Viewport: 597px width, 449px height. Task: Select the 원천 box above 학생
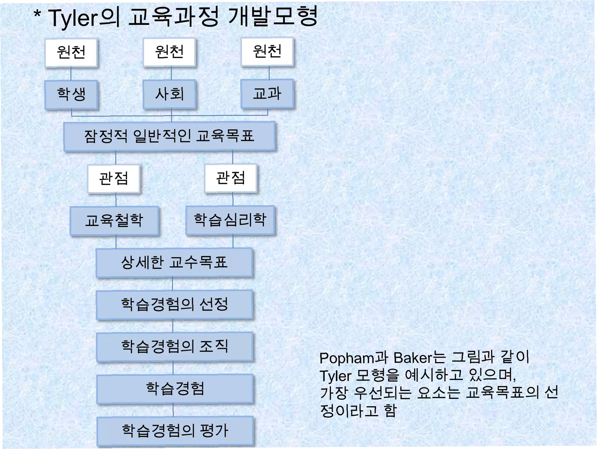(71, 52)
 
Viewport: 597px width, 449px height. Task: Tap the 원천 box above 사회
(169, 52)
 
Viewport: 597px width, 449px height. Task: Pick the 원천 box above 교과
(267, 51)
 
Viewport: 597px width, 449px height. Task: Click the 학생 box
(71, 94)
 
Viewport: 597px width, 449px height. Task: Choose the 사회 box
(169, 94)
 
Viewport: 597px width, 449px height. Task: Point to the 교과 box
(267, 93)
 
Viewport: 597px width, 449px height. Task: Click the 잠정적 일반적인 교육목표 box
(169, 136)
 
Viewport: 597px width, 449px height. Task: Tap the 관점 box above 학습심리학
(231, 178)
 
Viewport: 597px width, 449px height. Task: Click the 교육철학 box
(114, 220)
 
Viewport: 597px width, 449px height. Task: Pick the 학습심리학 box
(230, 220)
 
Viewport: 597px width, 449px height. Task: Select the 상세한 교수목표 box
(174, 262)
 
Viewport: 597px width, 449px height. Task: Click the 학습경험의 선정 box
(174, 304)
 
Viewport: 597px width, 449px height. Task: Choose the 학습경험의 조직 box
(175, 346)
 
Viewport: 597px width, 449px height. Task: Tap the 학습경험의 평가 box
(175, 430)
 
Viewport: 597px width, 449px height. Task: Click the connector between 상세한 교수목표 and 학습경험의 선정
(173, 284)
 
